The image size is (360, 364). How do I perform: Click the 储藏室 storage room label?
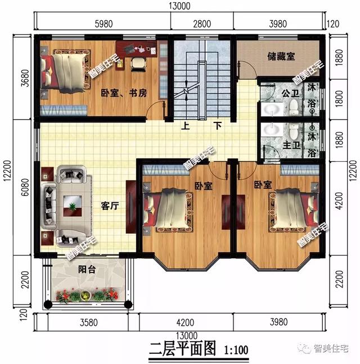280,57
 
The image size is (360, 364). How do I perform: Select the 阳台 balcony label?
87,270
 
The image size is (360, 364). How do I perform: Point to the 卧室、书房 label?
124,93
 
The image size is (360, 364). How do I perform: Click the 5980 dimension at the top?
103,23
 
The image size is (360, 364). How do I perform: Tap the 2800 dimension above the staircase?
201,23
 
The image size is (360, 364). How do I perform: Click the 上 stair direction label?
184,126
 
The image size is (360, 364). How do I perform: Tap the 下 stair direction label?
217,126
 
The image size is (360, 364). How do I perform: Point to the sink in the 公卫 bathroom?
271,109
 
